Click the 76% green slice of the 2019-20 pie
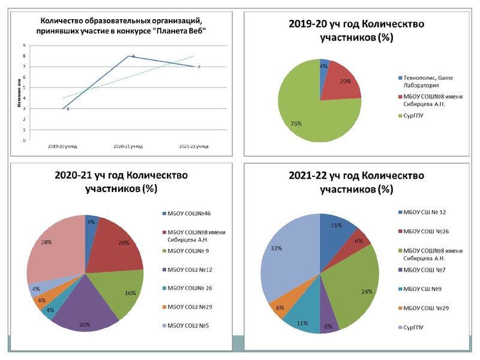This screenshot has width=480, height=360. click(x=306, y=114)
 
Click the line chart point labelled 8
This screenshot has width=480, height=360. click(x=128, y=56)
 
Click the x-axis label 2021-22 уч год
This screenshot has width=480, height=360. click(x=194, y=146)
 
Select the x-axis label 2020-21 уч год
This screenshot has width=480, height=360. click(x=128, y=146)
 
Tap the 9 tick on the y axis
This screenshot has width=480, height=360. click(x=24, y=46)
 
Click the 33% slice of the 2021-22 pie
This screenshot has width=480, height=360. click(x=288, y=252)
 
